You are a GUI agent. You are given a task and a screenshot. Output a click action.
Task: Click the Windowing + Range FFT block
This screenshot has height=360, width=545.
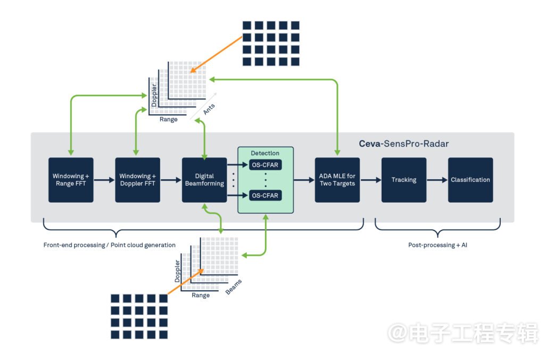coord(71,180)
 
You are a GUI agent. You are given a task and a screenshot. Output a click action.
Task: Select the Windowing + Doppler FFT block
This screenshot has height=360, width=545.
coord(138,180)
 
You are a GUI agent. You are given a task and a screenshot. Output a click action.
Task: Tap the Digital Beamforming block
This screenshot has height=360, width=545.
coord(204,180)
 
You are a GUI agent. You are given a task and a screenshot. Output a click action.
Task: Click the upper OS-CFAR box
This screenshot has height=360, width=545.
coord(265,165)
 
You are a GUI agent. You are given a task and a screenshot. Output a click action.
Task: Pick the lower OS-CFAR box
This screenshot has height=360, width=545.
coord(265,196)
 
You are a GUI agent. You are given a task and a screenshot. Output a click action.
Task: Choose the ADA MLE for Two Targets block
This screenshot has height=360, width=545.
coord(337,180)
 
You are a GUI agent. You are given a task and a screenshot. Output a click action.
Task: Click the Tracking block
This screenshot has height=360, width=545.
coord(404,180)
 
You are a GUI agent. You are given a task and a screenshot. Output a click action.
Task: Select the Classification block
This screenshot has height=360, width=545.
coord(470,180)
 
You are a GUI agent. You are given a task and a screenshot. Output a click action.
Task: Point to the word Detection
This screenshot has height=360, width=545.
coord(265,153)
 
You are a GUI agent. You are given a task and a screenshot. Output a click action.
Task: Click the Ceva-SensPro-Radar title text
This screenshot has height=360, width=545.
coord(404,144)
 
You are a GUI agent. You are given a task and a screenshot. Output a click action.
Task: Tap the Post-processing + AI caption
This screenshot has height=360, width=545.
coord(437,245)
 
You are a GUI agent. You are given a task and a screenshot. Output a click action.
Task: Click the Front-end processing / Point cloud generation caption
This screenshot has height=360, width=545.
coord(110,245)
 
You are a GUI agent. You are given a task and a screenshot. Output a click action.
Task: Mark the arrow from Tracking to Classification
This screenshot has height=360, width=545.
coord(437,180)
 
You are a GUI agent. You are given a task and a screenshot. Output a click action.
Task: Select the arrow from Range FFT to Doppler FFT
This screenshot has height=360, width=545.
coord(104,180)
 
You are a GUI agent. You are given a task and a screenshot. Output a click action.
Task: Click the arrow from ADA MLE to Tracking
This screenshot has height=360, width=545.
coord(371,180)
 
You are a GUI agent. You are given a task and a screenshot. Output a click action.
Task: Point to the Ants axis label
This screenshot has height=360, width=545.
coord(209,109)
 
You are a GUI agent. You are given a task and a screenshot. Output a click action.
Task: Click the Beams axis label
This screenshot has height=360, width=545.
coord(234,287)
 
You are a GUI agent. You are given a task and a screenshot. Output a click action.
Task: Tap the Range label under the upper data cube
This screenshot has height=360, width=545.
coord(169,120)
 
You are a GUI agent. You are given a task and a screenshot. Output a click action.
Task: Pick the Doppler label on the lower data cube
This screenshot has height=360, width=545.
coord(177,271)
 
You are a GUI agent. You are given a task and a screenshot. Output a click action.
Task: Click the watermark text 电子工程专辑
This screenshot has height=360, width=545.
coord(473,333)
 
